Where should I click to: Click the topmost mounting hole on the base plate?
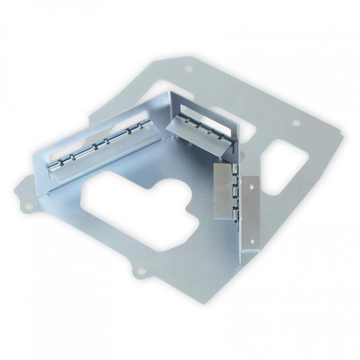[188, 69]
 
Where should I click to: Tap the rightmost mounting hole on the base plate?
[295, 123]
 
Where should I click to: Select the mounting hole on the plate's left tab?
[28, 205]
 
